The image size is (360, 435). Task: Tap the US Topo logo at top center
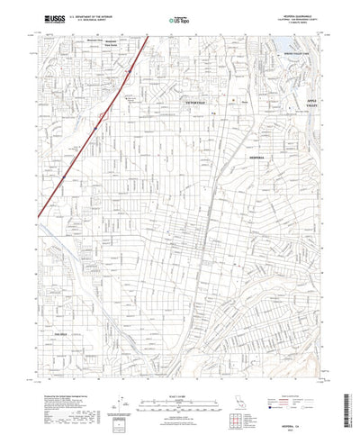[180, 16]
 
